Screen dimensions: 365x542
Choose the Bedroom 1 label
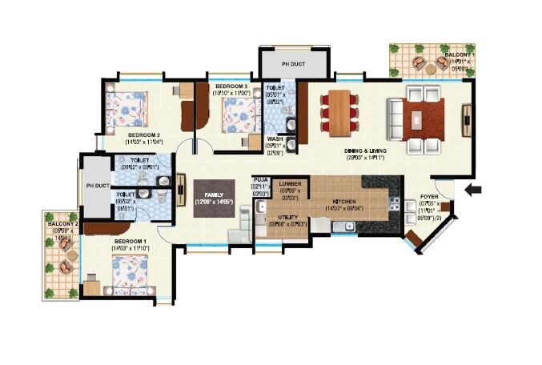click(130, 241)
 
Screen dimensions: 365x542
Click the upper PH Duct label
click(293, 63)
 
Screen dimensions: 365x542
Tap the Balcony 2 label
click(65, 225)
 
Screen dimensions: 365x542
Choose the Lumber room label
click(291, 184)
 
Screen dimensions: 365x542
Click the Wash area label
click(275, 138)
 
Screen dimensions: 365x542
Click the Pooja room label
click(259, 180)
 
